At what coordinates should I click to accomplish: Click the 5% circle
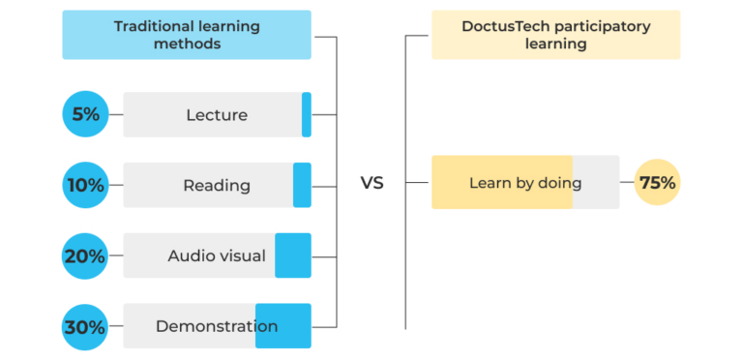(x=86, y=114)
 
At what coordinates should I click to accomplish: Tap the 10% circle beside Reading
(x=86, y=185)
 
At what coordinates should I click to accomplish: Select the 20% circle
(x=86, y=256)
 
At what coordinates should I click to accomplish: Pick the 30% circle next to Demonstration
(x=86, y=327)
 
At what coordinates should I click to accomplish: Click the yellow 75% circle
(x=657, y=182)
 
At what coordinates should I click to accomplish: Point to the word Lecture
(x=217, y=115)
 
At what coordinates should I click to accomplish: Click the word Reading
(x=217, y=186)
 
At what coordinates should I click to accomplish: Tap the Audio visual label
(x=217, y=256)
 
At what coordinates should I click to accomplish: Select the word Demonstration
(x=217, y=327)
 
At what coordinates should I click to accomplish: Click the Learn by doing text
(x=525, y=183)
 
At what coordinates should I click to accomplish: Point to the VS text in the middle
(x=371, y=183)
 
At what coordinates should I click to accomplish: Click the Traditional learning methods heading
(x=187, y=35)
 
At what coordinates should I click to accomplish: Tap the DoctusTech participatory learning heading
(x=555, y=35)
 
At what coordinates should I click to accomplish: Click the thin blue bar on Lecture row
(x=307, y=114)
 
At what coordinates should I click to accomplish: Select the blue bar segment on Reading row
(x=302, y=185)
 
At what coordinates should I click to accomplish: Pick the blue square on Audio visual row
(x=293, y=255)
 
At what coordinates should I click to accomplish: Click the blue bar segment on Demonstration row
(x=283, y=326)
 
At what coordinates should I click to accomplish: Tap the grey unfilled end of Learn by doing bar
(x=596, y=182)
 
